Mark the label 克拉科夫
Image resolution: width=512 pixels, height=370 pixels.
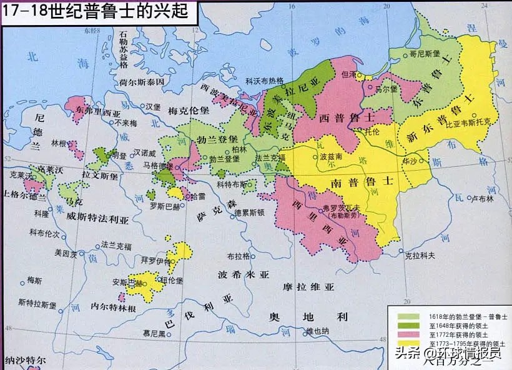(x=418, y=256)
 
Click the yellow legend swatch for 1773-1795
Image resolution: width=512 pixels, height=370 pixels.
(x=405, y=344)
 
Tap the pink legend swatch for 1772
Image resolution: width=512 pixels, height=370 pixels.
(x=405, y=335)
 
